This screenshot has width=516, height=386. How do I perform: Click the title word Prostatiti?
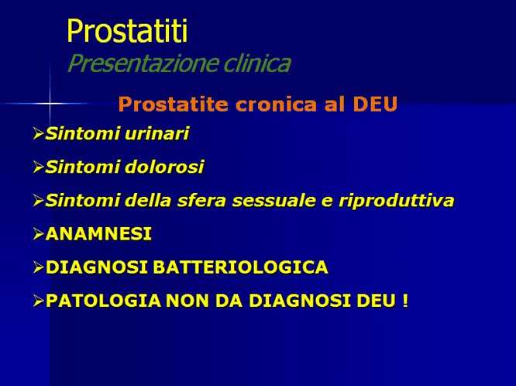(x=127, y=31)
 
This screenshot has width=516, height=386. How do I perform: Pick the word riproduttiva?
(x=405, y=201)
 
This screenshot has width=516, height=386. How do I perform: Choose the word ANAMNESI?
(x=98, y=234)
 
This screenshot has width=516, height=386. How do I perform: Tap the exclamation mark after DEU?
(x=404, y=301)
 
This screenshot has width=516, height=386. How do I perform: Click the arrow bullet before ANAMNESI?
(x=38, y=234)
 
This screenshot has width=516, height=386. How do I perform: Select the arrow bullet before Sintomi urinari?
(x=38, y=134)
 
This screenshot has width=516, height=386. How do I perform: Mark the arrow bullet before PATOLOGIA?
(x=38, y=301)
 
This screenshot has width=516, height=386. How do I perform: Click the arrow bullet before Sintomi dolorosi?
(x=38, y=167)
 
